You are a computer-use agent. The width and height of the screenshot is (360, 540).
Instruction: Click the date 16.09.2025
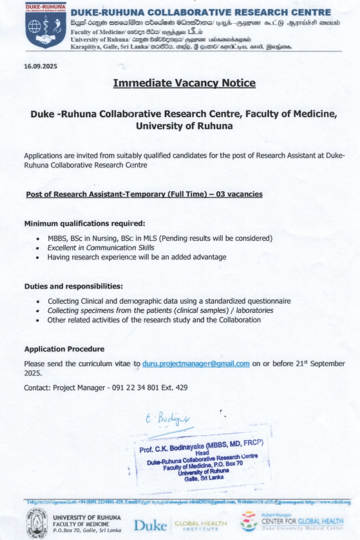41,66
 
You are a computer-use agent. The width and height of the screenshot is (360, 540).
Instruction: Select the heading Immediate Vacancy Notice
184,83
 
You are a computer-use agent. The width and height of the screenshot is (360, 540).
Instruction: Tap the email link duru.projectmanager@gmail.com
196,364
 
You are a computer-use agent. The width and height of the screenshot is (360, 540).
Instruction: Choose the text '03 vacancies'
239,194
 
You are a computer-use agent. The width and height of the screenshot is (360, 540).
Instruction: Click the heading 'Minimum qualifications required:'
84,223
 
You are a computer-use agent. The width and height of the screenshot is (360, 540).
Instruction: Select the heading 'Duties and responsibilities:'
73,286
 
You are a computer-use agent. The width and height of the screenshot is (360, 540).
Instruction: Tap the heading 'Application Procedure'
64,349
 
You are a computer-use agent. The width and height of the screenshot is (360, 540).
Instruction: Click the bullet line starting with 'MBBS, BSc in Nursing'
160,238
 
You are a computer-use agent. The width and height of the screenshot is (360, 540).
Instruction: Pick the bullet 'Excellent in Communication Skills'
100,248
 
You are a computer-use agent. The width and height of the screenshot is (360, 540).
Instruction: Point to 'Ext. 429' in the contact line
175,387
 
